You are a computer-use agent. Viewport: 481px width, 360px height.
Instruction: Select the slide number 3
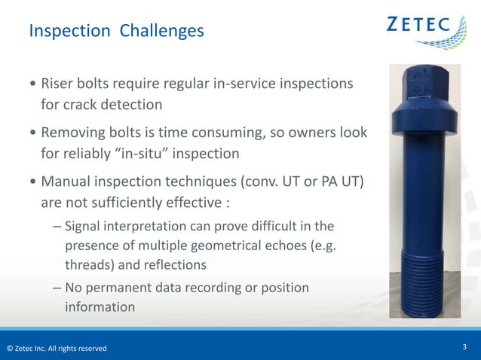coord(464,346)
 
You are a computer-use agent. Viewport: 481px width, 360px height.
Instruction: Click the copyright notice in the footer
coord(57,348)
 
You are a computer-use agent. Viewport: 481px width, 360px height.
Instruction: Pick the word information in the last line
coord(100,307)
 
